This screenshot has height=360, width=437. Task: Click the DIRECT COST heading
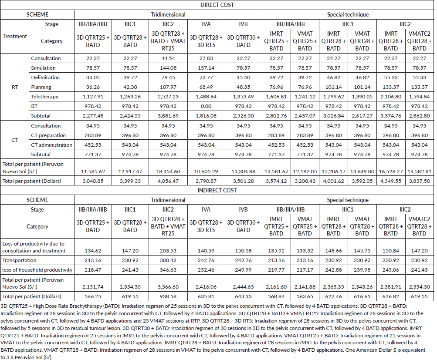click(217, 5)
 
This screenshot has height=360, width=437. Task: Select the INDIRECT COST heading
click(217, 190)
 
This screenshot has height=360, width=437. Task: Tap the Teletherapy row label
click(44, 97)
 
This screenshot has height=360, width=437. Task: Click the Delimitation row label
click(45, 77)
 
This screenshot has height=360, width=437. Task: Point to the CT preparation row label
click(48, 135)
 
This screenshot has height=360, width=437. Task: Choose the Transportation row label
click(19, 260)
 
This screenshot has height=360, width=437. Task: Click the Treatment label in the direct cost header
click(15, 36)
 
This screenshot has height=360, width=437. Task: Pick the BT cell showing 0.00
click(206, 106)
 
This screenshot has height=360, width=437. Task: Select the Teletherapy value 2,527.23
click(168, 97)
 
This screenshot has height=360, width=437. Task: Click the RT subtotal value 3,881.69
click(168, 116)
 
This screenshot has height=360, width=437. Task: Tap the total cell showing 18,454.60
click(168, 172)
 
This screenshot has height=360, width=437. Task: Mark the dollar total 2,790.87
click(206, 181)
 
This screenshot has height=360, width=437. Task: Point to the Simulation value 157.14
click(206, 68)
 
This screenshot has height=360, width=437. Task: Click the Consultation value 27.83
click(206, 58)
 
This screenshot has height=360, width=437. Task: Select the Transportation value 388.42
click(168, 260)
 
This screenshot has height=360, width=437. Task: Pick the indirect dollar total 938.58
click(168, 296)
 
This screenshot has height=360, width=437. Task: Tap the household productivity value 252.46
click(206, 270)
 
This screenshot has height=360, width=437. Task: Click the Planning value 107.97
click(168, 87)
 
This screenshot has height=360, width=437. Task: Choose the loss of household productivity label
click(37, 270)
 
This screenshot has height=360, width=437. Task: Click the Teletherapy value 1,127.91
click(93, 97)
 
